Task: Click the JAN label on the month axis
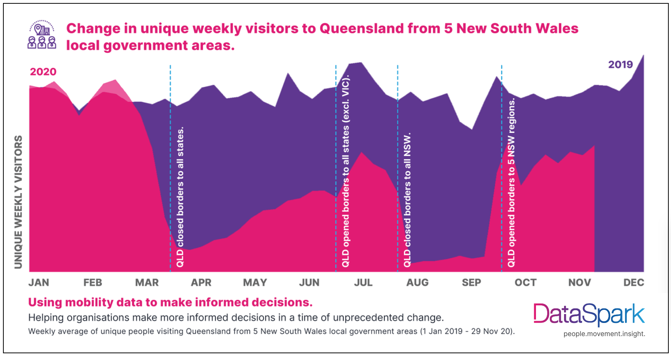click(39, 283)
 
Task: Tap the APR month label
click(201, 283)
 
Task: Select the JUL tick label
click(363, 283)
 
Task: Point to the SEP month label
click(471, 283)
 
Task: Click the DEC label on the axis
click(634, 283)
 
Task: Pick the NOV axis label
click(579, 283)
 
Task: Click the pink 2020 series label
click(43, 72)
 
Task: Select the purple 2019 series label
click(621, 65)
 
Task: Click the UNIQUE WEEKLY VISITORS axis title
click(18, 202)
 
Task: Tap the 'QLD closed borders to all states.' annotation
click(180, 197)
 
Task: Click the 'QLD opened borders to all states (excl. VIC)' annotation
click(346, 171)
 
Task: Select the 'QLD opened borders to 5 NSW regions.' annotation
click(511, 182)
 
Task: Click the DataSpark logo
click(589, 314)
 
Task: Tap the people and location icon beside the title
click(42, 35)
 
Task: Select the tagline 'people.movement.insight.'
click(604, 334)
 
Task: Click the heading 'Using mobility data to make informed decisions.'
click(170, 302)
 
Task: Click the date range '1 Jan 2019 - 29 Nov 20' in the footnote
click(467, 332)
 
